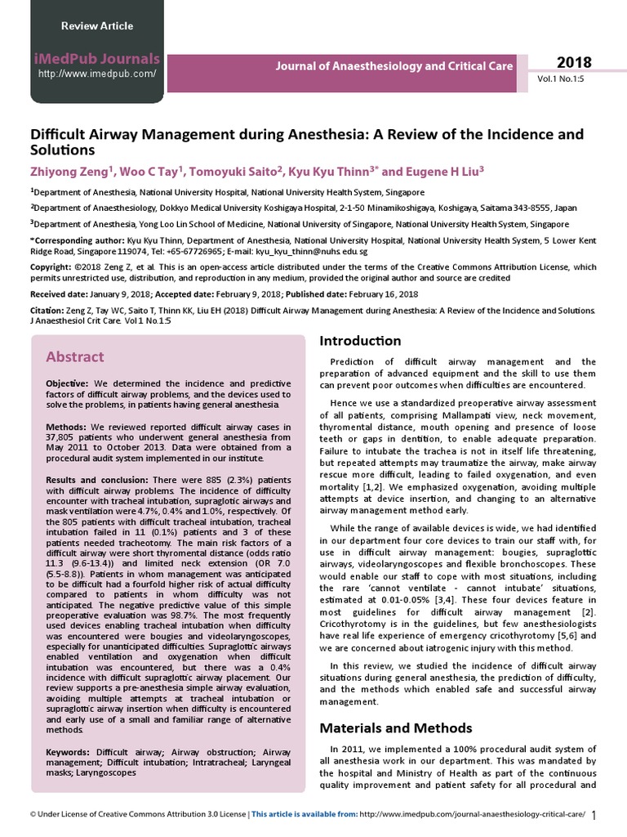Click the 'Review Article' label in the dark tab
pyautogui.click(x=96, y=26)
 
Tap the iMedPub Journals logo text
pyautogui.click(x=97, y=58)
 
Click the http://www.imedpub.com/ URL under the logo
pyautogui.click(x=97, y=74)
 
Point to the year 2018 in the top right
pyautogui.click(x=575, y=63)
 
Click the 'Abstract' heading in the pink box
pyautogui.click(x=74, y=356)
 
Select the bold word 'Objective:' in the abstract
pyautogui.click(x=68, y=383)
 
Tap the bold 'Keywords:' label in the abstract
pyautogui.click(x=69, y=751)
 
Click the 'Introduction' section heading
pyautogui.click(x=360, y=340)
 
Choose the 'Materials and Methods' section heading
pyautogui.click(x=395, y=727)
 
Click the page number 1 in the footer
pyautogui.click(x=594, y=815)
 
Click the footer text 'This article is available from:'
pyautogui.click(x=304, y=814)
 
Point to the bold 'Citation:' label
pyautogui.click(x=47, y=311)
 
